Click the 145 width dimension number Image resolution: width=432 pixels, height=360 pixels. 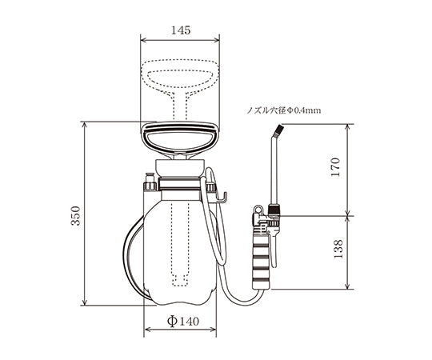tap(181, 30)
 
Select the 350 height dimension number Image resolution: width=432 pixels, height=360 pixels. tap(76, 216)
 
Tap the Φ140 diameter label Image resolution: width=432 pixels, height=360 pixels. tap(182, 321)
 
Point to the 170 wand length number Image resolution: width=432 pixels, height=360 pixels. tap(335, 167)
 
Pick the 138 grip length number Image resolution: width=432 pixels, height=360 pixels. tap(338, 249)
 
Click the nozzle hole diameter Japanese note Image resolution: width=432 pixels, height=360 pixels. tap(283, 110)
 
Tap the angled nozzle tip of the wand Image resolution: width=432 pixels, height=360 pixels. tap(278, 131)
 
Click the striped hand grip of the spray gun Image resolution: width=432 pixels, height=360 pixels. tap(261, 262)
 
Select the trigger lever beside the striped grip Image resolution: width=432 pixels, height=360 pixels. tap(273, 248)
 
